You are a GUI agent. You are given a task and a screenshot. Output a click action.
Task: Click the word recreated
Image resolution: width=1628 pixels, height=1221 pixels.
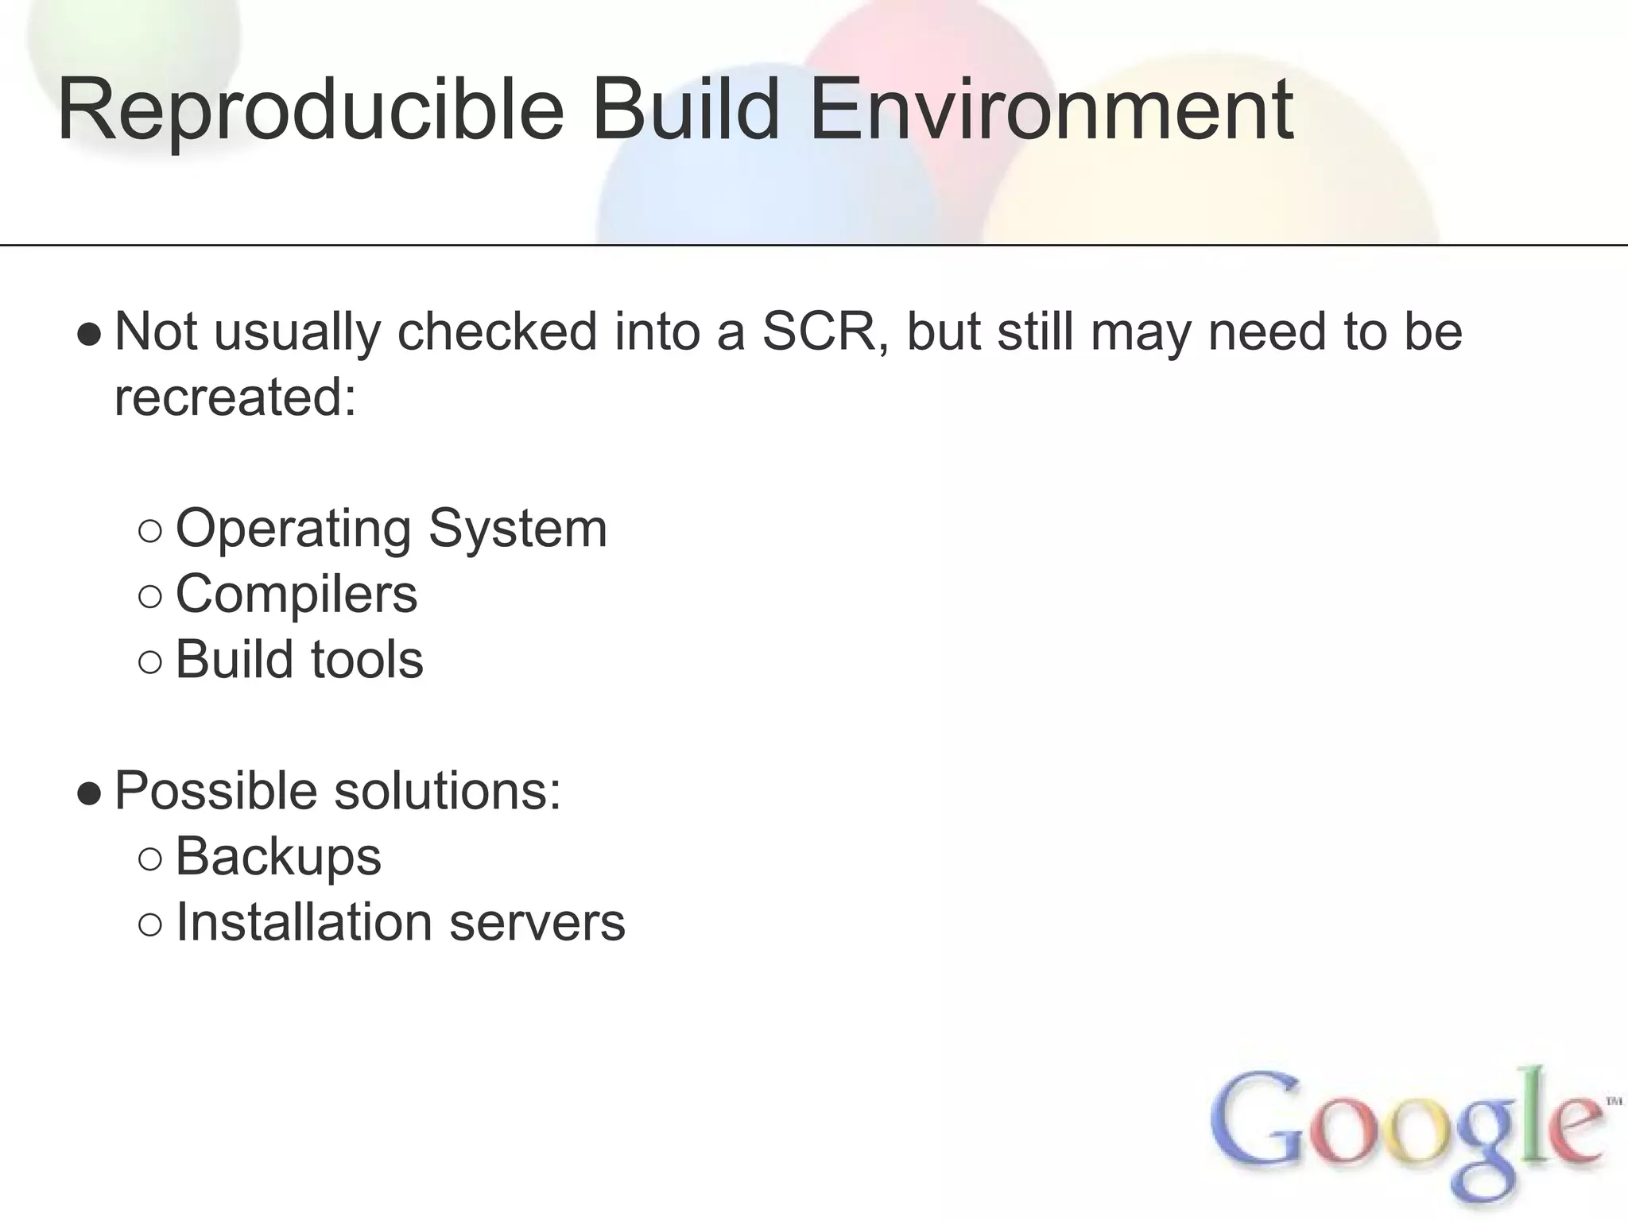click(235, 397)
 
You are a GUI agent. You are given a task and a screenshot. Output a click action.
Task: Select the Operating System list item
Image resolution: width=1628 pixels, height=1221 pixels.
click(391, 529)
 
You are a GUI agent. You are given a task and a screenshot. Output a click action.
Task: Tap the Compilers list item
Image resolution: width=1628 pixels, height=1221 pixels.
click(296, 594)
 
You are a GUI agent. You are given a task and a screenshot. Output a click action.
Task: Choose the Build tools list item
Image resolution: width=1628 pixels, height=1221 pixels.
click(299, 660)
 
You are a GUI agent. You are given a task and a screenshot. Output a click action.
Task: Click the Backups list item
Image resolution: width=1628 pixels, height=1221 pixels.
click(278, 857)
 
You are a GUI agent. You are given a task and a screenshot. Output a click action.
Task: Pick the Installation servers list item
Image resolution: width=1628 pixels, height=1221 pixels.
click(400, 923)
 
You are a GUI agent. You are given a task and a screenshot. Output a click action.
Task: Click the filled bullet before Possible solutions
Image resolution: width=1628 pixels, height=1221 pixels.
click(90, 794)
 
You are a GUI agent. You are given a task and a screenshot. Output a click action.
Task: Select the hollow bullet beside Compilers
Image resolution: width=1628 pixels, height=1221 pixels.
click(149, 597)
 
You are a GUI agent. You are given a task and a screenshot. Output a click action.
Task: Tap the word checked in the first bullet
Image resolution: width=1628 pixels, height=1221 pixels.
click(497, 331)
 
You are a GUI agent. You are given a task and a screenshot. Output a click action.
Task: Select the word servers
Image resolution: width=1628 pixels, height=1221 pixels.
click(537, 923)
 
